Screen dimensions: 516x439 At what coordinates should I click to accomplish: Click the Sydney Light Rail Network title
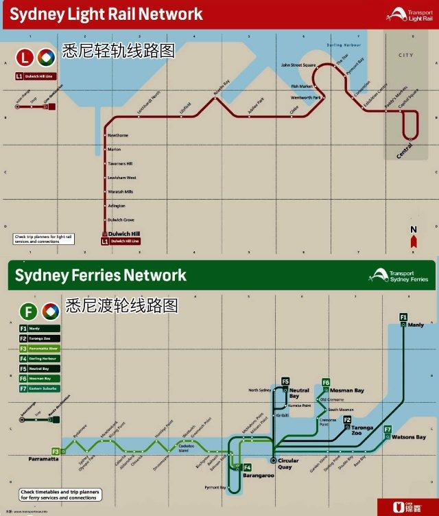coord(106,14)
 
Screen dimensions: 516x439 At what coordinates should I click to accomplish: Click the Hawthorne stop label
coord(118,135)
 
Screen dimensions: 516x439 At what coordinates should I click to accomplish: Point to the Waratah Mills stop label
coord(120,191)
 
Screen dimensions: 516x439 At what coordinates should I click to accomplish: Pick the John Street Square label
coord(298,65)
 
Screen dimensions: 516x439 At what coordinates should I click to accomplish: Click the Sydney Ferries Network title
coord(100,276)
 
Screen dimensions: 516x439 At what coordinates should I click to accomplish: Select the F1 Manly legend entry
coord(39,329)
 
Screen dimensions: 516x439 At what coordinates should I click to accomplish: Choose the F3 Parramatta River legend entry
coord(39,349)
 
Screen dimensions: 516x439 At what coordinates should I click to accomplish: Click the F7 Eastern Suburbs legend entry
coord(39,389)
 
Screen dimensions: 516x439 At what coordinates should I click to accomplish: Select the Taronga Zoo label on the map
coord(363,430)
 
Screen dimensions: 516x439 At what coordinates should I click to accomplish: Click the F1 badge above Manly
coord(403,316)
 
